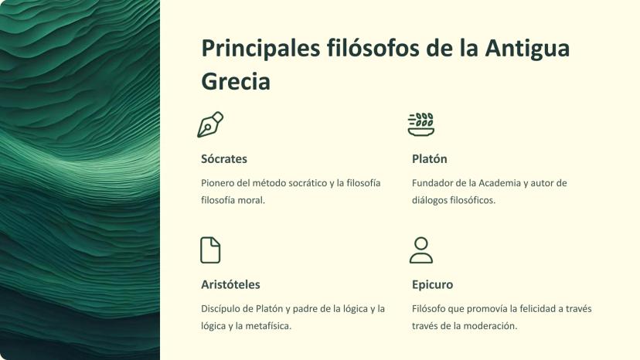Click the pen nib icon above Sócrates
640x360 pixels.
click(210, 124)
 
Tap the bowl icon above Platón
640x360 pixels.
click(421, 124)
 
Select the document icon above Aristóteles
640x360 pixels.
click(210, 250)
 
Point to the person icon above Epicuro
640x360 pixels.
click(421, 250)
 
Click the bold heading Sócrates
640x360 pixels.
click(224, 159)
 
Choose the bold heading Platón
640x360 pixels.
click(430, 159)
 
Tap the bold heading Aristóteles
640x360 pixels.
click(230, 284)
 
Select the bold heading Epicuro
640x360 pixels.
click(432, 284)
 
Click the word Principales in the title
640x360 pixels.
click(260, 49)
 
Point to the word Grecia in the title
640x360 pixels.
click(236, 81)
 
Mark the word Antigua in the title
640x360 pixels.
click(527, 49)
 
